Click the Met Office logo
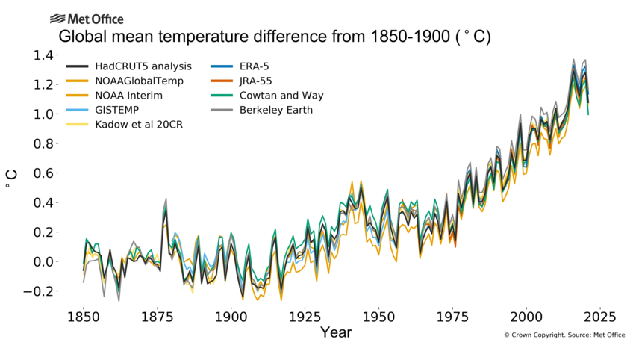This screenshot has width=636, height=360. [x=87, y=19]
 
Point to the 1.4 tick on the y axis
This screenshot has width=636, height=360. [x=42, y=56]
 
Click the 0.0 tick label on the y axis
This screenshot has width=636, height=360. [x=42, y=262]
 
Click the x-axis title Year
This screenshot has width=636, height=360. [x=335, y=332]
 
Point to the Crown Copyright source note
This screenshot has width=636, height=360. [x=564, y=335]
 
